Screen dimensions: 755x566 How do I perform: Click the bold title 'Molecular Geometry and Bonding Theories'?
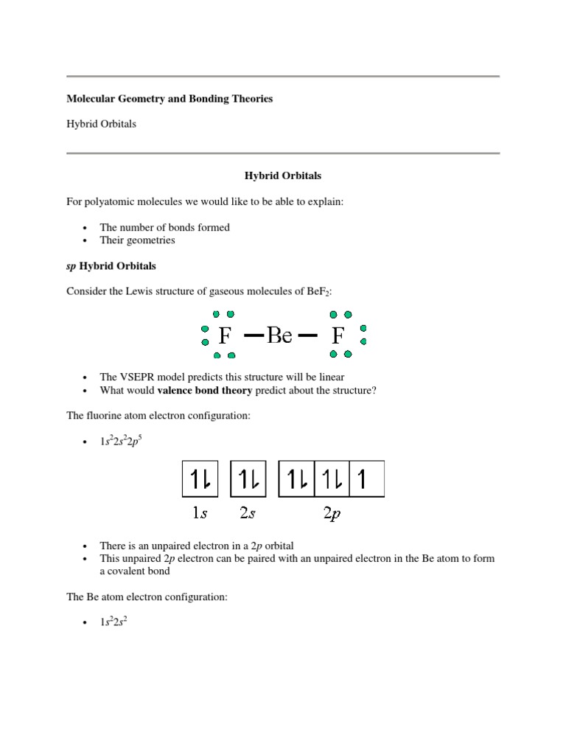coord(170,99)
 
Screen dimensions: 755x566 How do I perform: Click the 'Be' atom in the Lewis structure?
coord(280,337)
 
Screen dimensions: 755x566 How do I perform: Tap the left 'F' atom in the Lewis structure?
coord(226,337)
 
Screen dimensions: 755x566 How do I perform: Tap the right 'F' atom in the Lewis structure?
coord(338,337)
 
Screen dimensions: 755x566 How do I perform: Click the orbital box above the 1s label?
coord(200,480)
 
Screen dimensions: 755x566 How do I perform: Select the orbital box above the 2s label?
coord(248,480)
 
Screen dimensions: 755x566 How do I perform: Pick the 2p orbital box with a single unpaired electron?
coord(366,480)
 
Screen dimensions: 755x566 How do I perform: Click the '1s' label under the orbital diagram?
coord(200,514)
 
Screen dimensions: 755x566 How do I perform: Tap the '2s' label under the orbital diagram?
coord(248,514)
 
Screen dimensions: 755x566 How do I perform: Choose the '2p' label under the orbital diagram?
coord(332,514)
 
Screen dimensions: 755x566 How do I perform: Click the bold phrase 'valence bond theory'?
coord(205,391)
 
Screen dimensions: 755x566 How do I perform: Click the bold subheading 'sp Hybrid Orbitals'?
coord(111,265)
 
